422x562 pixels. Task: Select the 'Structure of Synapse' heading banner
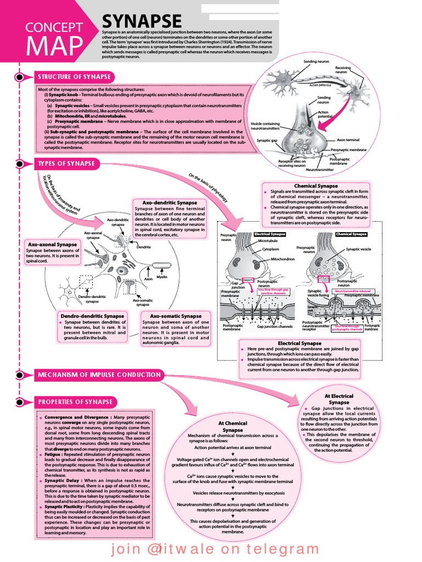point(74,77)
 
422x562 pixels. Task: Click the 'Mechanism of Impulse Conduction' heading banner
point(99,375)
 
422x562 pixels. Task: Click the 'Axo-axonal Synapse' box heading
point(52,244)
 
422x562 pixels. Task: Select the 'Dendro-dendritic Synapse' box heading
point(91,316)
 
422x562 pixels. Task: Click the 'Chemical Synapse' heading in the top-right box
point(315,186)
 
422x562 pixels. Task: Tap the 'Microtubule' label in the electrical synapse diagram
point(267,240)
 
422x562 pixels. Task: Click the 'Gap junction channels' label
point(275,327)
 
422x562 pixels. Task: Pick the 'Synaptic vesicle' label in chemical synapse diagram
point(358,249)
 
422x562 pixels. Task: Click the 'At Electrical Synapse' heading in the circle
point(339,399)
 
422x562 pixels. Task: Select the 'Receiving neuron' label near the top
point(343,70)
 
